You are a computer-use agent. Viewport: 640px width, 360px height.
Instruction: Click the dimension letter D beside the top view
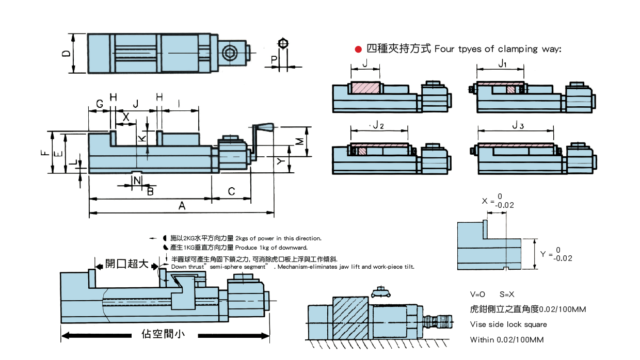pos(66,54)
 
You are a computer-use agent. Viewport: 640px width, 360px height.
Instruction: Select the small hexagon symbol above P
pos(282,43)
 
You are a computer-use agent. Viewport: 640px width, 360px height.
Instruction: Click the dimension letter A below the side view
pos(182,206)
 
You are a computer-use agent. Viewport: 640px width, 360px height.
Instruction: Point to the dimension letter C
pos(231,191)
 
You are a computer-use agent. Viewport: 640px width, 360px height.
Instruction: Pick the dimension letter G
pos(99,103)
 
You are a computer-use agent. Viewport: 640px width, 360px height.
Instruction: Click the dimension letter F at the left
pos(45,153)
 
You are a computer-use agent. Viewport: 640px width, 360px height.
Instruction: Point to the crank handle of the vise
pos(264,127)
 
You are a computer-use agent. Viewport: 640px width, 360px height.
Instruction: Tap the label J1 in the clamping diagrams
pos(502,63)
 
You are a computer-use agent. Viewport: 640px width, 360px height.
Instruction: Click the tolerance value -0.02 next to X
pos(504,205)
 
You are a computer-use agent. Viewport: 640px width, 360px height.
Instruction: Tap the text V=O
pos(477,294)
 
